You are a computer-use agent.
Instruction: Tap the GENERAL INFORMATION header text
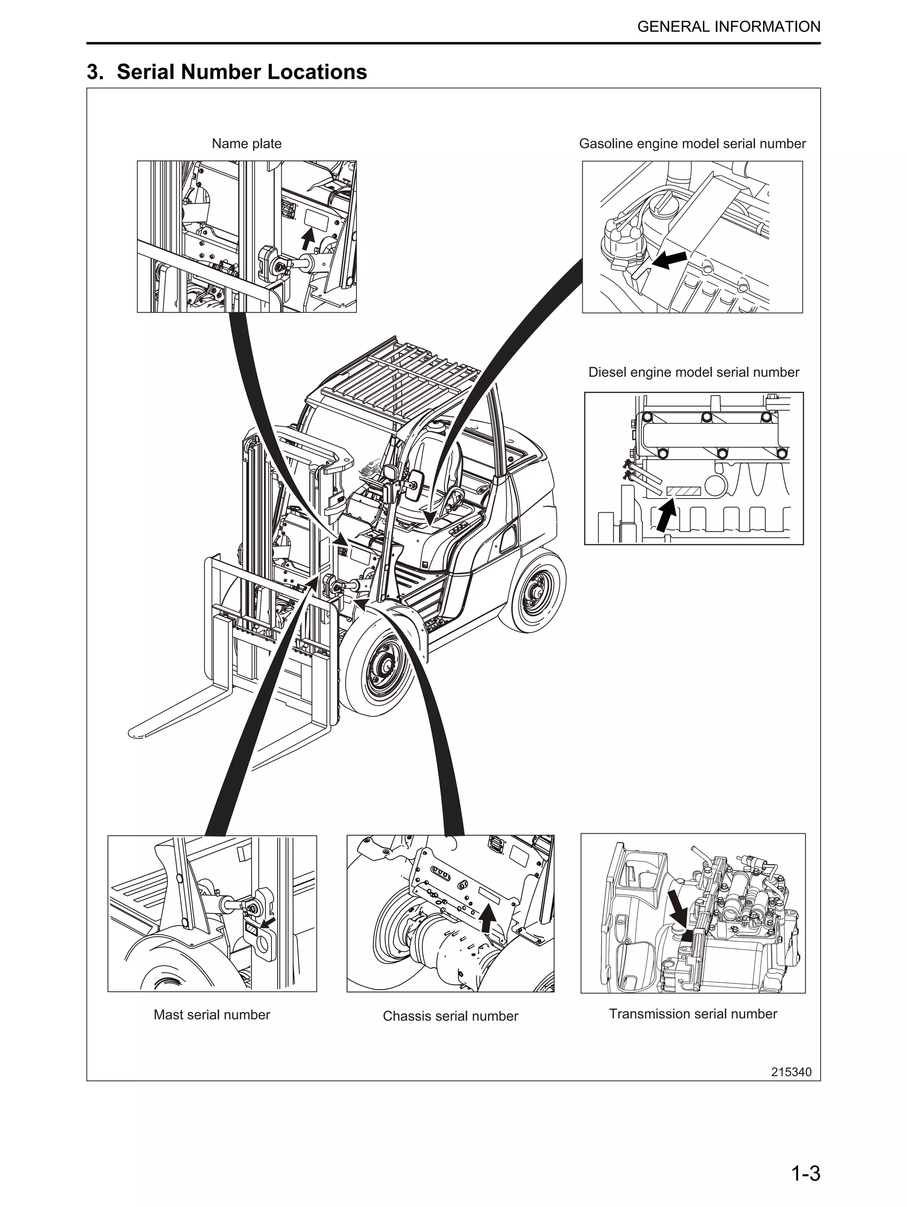coord(728,27)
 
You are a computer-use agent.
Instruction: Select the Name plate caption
coord(246,143)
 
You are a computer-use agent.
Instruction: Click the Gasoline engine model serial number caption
coord(692,143)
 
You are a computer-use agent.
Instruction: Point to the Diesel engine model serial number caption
coord(693,372)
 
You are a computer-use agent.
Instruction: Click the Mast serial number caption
coord(212,1014)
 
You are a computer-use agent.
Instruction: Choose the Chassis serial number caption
coord(450,1016)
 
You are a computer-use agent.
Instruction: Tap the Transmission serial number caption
coord(693,1014)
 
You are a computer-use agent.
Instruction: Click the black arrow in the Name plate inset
coord(308,239)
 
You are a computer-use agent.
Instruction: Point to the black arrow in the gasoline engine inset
coord(669,260)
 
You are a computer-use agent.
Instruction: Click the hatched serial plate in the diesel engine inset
coord(684,491)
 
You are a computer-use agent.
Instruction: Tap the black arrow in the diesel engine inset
coord(665,516)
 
